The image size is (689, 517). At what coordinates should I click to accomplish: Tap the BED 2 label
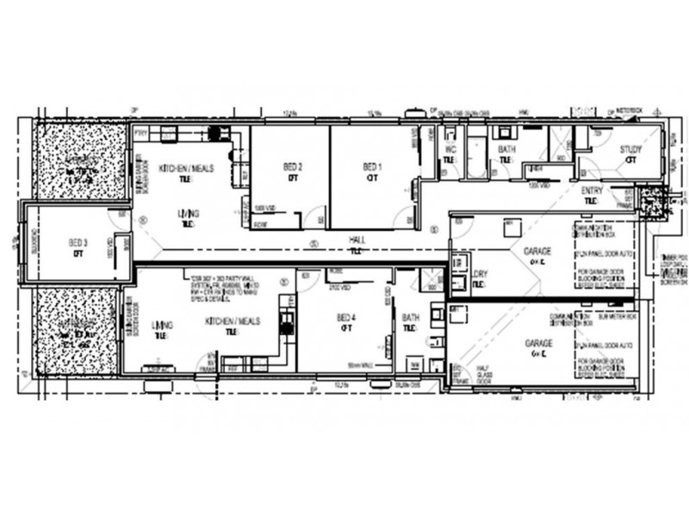[293, 166]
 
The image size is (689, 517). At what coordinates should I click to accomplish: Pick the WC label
[450, 149]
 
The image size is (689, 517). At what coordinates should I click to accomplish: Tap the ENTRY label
[592, 190]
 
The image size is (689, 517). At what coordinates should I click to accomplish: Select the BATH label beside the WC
[507, 149]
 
